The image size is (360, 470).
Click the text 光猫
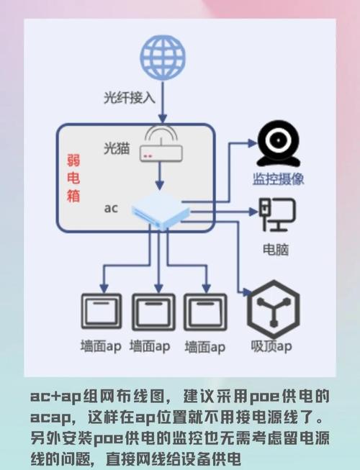(116, 148)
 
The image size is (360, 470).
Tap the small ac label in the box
(110, 208)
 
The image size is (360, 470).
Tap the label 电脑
(277, 249)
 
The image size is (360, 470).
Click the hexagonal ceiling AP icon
(272, 311)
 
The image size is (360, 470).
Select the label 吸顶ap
(271, 347)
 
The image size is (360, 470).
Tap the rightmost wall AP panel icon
(205, 312)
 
